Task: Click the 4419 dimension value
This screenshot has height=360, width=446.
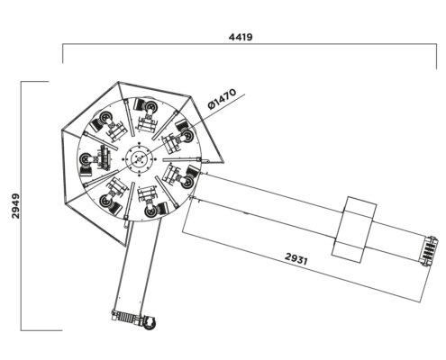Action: click(241, 37)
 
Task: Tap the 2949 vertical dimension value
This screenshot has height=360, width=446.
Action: click(15, 206)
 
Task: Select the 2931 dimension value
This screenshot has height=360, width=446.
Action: click(296, 259)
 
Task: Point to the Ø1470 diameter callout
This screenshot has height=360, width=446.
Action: click(222, 99)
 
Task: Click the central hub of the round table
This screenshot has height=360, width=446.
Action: click(139, 158)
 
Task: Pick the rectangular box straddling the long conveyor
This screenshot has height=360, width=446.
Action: click(354, 229)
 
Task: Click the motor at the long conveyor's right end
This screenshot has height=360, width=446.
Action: click(430, 251)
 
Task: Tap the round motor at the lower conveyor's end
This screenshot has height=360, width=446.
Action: click(149, 322)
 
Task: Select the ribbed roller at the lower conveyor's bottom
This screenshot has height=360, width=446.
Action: click(125, 317)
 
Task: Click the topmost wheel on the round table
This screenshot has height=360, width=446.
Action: click(150, 106)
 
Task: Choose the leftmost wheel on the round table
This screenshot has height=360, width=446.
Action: click(86, 159)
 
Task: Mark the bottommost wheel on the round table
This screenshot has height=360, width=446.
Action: click(150, 211)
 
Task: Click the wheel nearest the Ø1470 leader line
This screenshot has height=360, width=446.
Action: click(187, 136)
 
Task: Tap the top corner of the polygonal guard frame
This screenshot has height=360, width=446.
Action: click(118, 82)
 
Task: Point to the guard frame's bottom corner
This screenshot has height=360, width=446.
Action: click(126, 247)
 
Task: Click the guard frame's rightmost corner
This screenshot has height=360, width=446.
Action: click(224, 162)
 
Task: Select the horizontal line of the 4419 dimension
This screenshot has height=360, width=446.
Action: click(250, 44)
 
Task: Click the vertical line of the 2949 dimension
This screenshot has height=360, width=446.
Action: click(21, 206)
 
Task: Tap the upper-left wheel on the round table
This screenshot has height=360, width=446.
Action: click(105, 117)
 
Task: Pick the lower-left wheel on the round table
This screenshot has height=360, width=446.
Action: click(105, 201)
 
